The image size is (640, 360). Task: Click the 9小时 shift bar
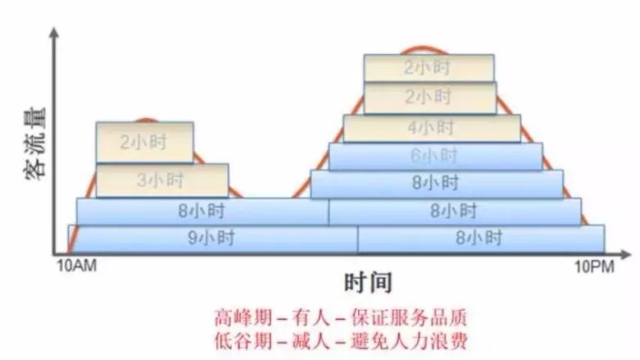213,239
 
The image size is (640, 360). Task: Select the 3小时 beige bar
161,180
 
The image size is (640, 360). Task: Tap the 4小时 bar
431,128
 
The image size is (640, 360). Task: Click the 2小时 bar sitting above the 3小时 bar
144,142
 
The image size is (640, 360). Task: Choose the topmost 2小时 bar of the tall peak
429,68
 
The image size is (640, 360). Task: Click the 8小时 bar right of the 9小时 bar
480,239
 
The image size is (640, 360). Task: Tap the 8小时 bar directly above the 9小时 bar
202,211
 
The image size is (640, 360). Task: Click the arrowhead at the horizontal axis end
629,253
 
